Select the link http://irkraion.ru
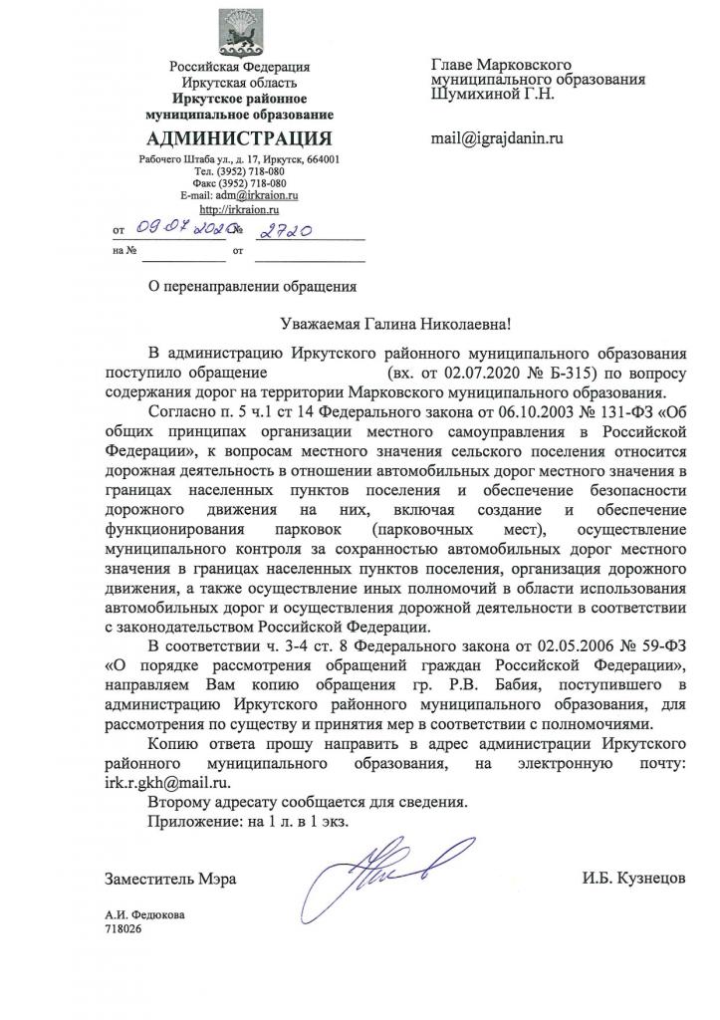pyautogui.click(x=239, y=210)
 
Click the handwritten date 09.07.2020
pyautogui.click(x=172, y=234)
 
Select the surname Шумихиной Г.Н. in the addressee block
pyautogui.click(x=492, y=96)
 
